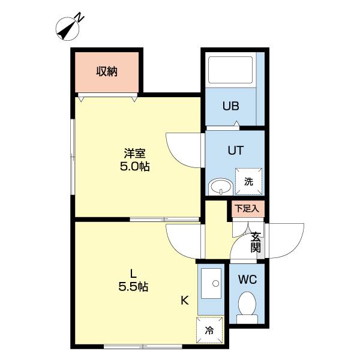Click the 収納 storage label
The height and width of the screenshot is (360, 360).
(107, 71)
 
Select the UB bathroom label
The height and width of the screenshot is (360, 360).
(231, 107)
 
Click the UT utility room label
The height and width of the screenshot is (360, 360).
(235, 151)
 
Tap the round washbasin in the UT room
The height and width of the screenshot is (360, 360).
(221, 187)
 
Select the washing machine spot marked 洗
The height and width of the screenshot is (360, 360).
(248, 182)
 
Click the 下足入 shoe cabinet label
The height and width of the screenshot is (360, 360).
(246, 209)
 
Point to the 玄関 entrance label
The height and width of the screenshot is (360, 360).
(256, 241)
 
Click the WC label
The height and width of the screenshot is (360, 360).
(247, 280)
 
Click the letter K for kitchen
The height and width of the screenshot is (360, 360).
(185, 301)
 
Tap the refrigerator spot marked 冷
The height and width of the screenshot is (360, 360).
(209, 329)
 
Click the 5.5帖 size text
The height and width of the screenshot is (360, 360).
(133, 287)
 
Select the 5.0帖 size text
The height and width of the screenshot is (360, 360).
(134, 167)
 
